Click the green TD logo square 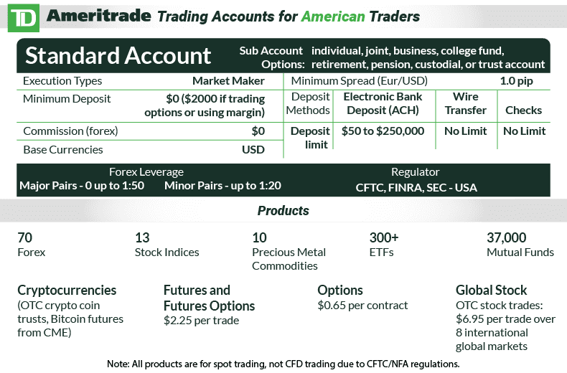click(x=22, y=17)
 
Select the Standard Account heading click(x=118, y=55)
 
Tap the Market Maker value click(x=228, y=81)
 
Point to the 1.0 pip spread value click(x=516, y=81)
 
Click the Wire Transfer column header click(x=465, y=103)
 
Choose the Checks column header click(x=523, y=110)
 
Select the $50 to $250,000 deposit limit click(x=383, y=131)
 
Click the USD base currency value click(x=253, y=150)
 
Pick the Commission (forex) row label click(x=70, y=131)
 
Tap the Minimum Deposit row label click(x=67, y=99)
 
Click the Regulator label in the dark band click(x=415, y=172)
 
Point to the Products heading click(x=283, y=211)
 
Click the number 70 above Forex click(x=25, y=238)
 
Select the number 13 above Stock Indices click(x=142, y=238)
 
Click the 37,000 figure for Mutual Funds click(x=507, y=238)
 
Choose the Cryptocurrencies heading click(x=67, y=291)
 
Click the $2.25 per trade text click(x=201, y=321)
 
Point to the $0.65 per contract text click(x=362, y=306)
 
